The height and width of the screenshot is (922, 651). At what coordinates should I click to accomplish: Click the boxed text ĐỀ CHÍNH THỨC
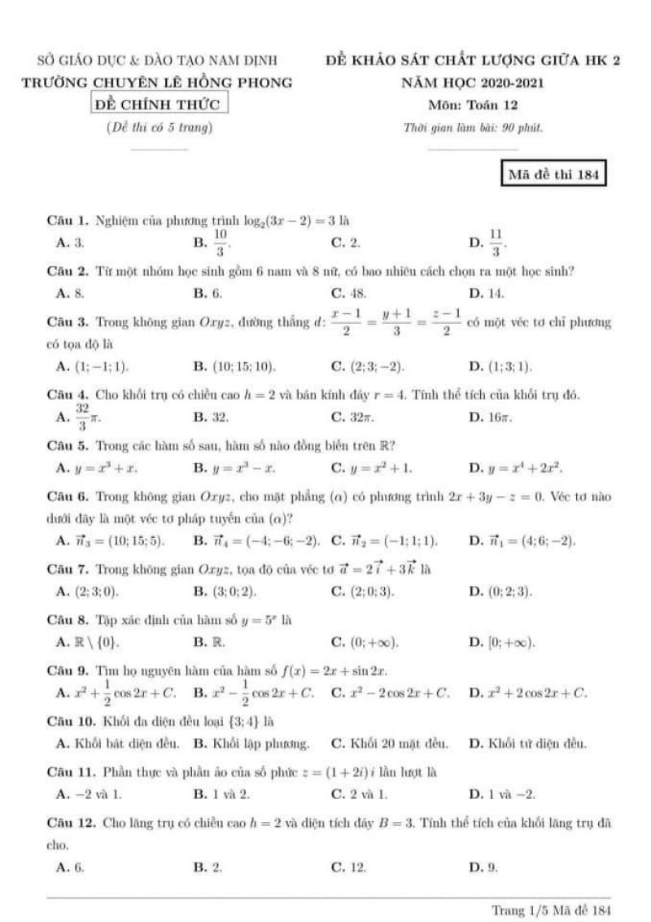(x=159, y=104)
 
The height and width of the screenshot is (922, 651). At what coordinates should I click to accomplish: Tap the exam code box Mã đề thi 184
(x=554, y=174)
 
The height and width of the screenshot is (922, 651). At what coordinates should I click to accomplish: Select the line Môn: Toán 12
(x=473, y=104)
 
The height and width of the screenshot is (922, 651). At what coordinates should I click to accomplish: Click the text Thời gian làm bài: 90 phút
(x=473, y=127)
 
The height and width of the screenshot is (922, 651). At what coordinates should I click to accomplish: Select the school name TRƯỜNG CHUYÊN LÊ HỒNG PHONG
(x=158, y=82)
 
